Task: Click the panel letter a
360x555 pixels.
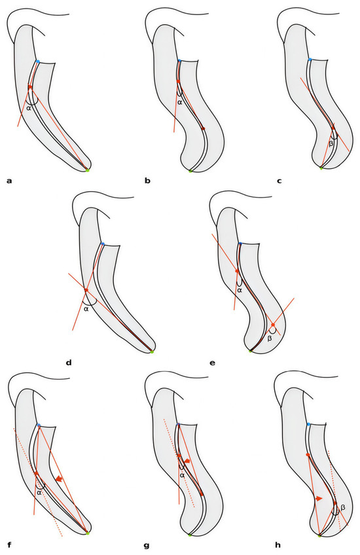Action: coord(10,181)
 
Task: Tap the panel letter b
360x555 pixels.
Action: coord(148,181)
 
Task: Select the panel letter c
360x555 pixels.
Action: coord(279,181)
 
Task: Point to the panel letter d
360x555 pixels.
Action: coord(69,363)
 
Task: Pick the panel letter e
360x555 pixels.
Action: coord(212,363)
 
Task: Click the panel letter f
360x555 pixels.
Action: coord(9,545)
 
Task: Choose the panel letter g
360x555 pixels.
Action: coord(147,546)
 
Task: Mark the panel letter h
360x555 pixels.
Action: coord(278,545)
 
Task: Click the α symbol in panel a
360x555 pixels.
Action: coord(29,108)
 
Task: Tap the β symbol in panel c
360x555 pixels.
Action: coord(331,144)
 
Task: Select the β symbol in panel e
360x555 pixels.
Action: coord(270,338)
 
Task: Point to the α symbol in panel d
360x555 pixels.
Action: coord(86,309)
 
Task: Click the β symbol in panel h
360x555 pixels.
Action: coord(343,508)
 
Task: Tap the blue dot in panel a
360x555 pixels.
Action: coord(37,62)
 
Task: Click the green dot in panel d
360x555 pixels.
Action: coord(152,352)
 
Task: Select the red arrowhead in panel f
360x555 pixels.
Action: coord(59,479)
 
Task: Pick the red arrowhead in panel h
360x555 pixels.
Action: coord(319,498)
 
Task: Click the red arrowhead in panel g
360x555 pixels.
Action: coord(187,461)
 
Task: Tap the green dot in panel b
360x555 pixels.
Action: coord(190,171)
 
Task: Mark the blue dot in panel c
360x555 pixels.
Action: coord(310,60)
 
